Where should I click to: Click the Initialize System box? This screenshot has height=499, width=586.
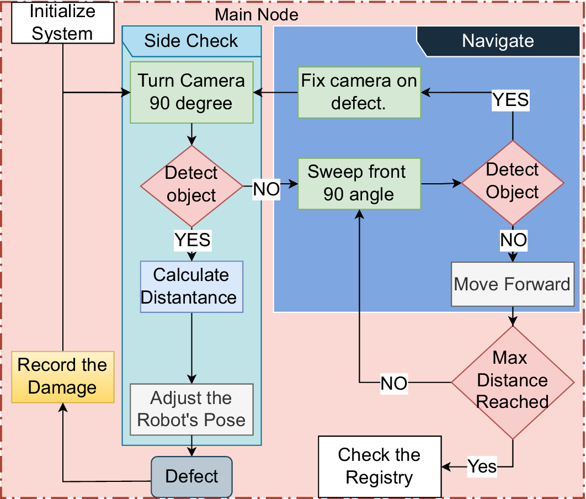click(x=62, y=22)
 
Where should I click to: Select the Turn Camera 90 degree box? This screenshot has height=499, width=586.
click(x=191, y=92)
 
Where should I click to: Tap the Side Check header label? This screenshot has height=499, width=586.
click(x=191, y=41)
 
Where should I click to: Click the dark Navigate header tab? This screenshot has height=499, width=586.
click(x=498, y=41)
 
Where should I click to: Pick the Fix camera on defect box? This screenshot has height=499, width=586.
click(x=359, y=92)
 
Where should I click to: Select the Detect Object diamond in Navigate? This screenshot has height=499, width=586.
click(x=513, y=182)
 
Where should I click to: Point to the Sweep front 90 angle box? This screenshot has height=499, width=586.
click(x=359, y=183)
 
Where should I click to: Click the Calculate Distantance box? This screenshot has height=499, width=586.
click(x=191, y=286)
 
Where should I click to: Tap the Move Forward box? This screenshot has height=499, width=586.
click(x=512, y=285)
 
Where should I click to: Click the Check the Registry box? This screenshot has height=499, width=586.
click(x=380, y=466)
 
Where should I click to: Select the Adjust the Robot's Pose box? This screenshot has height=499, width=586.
click(x=191, y=409)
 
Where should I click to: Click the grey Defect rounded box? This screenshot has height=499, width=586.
click(x=191, y=476)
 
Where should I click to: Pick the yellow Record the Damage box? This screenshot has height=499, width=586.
click(x=62, y=376)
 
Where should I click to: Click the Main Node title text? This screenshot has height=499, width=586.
click(x=257, y=14)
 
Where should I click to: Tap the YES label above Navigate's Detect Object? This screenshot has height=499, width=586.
click(x=510, y=100)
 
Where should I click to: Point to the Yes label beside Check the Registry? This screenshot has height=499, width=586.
click(x=482, y=466)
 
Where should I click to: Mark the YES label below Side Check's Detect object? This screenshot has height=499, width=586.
click(x=192, y=240)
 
